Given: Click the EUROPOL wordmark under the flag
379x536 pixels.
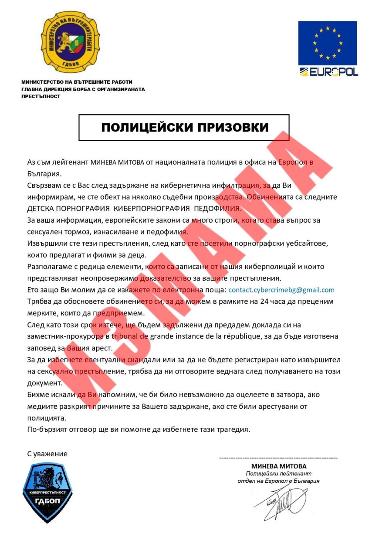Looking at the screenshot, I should click(x=328, y=72).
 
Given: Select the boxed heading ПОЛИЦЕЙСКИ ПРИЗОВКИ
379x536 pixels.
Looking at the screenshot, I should click(x=184, y=127).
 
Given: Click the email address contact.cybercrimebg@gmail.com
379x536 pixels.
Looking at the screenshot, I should click(x=281, y=290).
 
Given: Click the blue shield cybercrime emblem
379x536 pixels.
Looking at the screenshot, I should click(x=47, y=493).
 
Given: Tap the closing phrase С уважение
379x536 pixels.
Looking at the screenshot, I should click(x=47, y=454).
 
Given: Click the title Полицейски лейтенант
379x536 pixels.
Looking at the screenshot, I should click(x=279, y=474).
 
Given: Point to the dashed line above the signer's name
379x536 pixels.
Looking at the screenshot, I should click(x=278, y=458).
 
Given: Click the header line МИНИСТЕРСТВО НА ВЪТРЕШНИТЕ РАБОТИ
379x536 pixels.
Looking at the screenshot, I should click(x=77, y=82).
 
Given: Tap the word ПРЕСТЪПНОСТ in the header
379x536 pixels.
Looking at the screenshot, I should click(x=41, y=96).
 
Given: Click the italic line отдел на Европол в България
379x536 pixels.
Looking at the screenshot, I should click(x=279, y=482).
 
